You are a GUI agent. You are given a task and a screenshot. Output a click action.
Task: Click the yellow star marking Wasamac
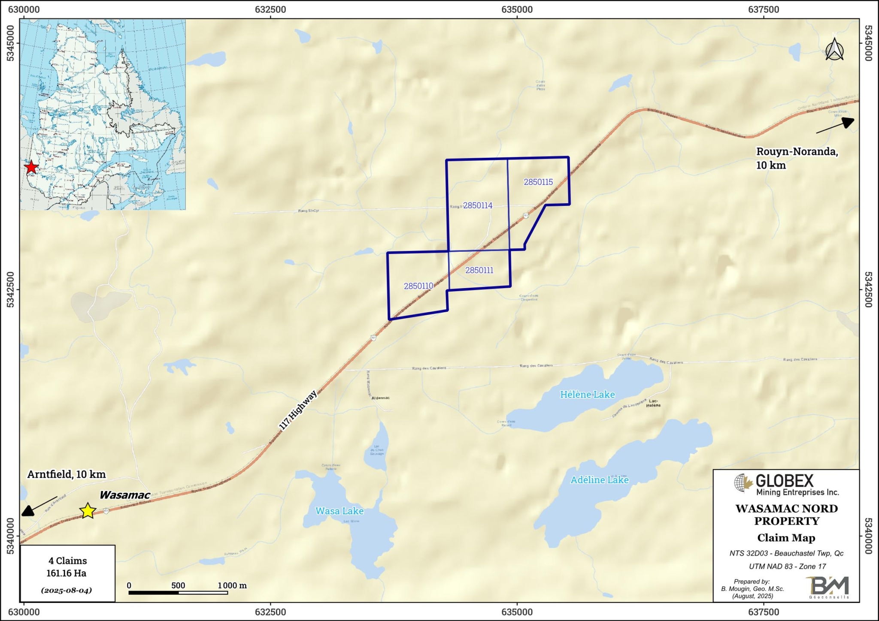tap(88, 510)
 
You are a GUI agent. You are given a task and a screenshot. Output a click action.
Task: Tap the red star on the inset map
tap(31, 167)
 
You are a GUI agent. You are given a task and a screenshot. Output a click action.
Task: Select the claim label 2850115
tap(538, 182)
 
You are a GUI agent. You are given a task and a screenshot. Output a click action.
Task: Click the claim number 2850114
tap(478, 205)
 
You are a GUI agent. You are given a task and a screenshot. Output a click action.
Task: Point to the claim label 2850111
tap(479, 270)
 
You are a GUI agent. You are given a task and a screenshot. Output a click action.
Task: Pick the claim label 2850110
tap(418, 286)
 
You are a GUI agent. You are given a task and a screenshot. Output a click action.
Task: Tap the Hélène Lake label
tap(587, 394)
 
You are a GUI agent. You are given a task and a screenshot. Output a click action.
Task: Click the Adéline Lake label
tap(599, 480)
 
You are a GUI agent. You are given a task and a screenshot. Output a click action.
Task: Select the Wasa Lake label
tap(339, 511)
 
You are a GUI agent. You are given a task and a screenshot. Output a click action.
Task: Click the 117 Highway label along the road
tap(297, 410)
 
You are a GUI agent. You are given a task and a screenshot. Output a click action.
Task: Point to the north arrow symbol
tap(834, 49)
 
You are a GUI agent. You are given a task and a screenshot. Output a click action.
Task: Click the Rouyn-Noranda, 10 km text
tap(797, 158)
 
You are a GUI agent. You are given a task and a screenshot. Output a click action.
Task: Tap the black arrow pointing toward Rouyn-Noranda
tap(835, 125)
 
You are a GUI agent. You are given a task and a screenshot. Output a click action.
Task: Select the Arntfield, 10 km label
tap(67, 474)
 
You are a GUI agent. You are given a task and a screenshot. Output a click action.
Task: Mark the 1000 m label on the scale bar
tap(232, 585)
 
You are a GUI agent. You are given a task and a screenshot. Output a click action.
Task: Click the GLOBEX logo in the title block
tap(786, 485)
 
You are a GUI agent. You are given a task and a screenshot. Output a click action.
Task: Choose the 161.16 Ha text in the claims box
tap(67, 573)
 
